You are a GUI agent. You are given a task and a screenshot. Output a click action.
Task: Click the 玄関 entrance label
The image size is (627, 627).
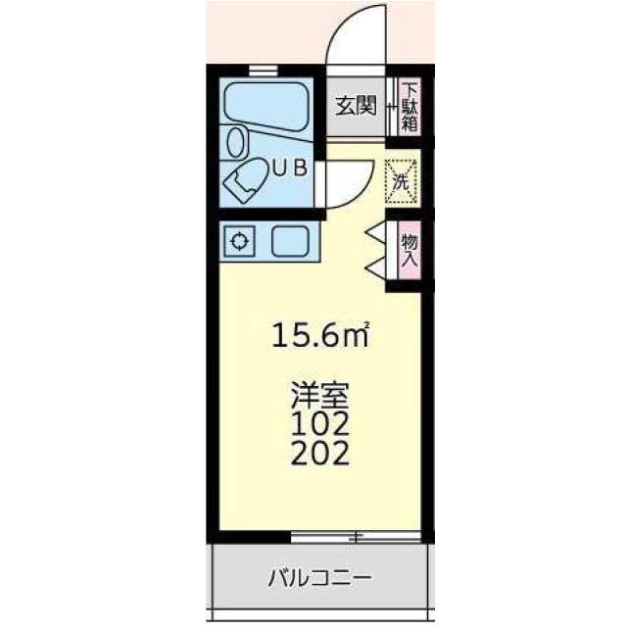point(356,106)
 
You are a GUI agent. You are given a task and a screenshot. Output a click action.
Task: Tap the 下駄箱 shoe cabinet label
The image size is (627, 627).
point(410,107)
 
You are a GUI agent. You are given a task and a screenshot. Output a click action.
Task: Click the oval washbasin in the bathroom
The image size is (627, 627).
point(235,142)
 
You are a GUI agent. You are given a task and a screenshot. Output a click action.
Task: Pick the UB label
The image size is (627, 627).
point(290,168)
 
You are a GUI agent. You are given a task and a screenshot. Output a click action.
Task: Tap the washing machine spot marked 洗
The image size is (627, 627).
point(401,181)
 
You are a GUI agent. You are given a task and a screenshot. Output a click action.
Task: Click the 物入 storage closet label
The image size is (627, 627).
point(410,250)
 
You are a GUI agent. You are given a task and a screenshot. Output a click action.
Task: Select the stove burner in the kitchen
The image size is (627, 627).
point(239,241)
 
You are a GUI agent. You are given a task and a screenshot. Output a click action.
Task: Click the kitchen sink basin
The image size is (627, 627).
point(291,241)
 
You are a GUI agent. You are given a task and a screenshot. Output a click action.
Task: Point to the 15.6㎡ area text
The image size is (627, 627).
point(320,335)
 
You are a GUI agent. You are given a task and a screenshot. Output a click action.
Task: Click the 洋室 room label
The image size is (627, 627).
point(320,394)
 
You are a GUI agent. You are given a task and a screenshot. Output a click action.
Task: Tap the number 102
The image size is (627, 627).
point(320,424)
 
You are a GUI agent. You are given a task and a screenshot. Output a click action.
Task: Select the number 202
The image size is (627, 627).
point(320,453)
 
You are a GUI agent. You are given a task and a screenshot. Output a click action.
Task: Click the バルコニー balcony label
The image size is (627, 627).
point(320,577)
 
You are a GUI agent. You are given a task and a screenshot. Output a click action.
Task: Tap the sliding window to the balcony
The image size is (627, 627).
point(356,537)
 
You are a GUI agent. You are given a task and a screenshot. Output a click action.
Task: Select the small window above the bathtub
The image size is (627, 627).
point(263,71)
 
